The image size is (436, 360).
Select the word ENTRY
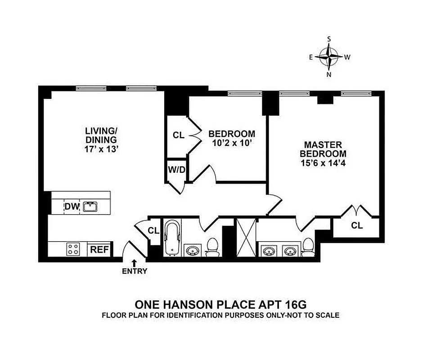click(x=134, y=271)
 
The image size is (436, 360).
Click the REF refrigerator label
click(x=99, y=249)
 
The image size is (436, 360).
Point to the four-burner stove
click(x=73, y=249)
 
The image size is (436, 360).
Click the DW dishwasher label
click(x=72, y=207)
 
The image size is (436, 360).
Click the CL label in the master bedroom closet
click(x=357, y=225)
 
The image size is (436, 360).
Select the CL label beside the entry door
click(x=153, y=231)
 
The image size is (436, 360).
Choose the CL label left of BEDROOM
click(x=179, y=135)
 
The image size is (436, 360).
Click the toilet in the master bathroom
click(x=308, y=247)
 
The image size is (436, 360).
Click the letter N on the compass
click(x=329, y=75)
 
